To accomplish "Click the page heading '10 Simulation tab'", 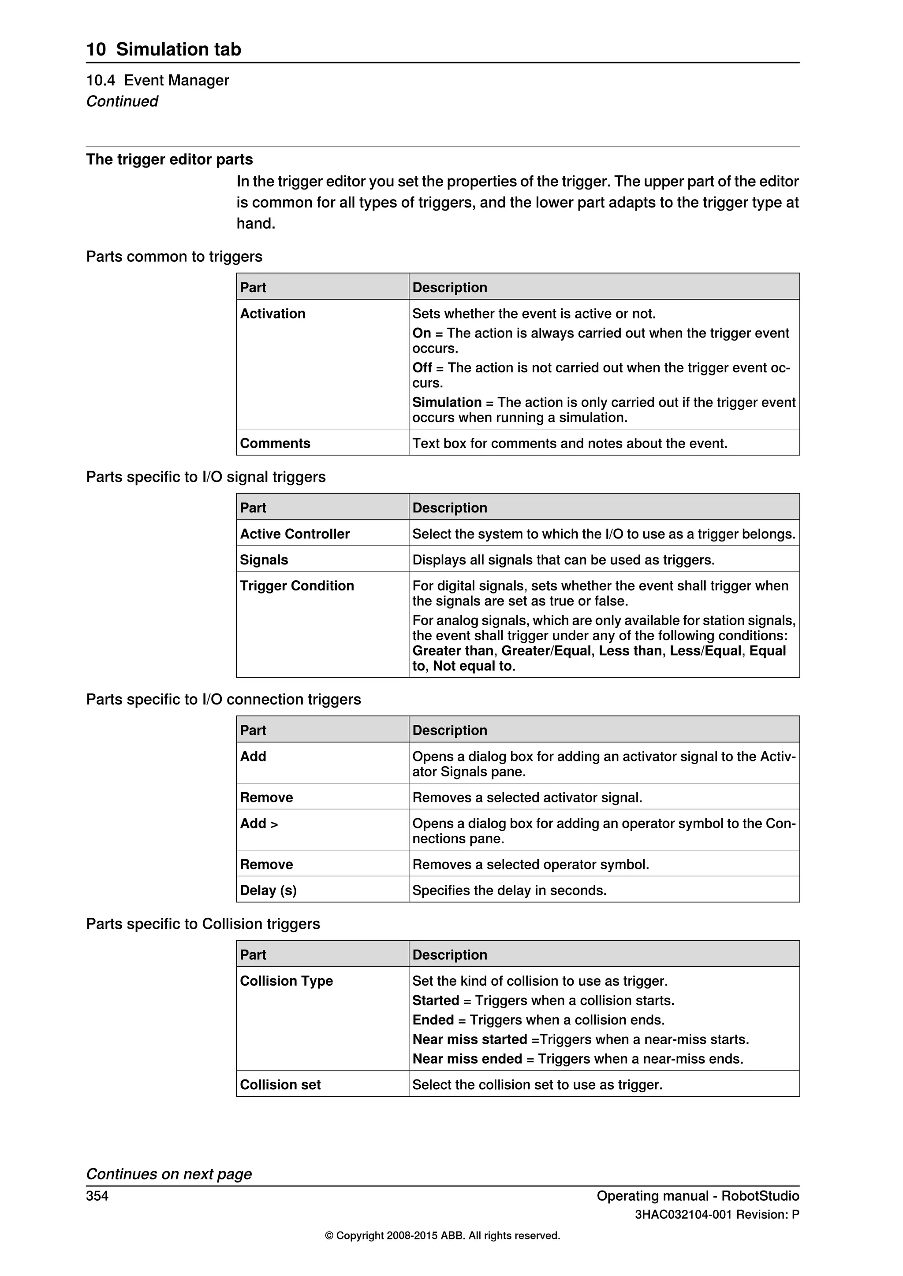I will [164, 49].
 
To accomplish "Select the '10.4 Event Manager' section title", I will [157, 81].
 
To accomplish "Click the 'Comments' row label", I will [275, 444].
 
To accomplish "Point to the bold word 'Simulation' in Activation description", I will [447, 402].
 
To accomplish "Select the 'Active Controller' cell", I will [295, 534].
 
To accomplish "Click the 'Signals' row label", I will [264, 560].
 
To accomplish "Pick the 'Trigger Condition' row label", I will [296, 586].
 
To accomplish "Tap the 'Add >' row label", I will [258, 823].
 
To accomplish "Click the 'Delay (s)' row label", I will [268, 890].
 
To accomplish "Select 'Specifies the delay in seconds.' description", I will [509, 890].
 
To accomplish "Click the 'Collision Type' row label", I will [286, 981].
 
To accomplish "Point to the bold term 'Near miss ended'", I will [466, 1059].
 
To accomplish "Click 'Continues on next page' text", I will [168, 1174].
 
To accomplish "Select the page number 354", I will [97, 1196].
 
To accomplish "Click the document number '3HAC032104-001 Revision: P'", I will [717, 1215].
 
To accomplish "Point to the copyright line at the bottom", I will [442, 1235].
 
